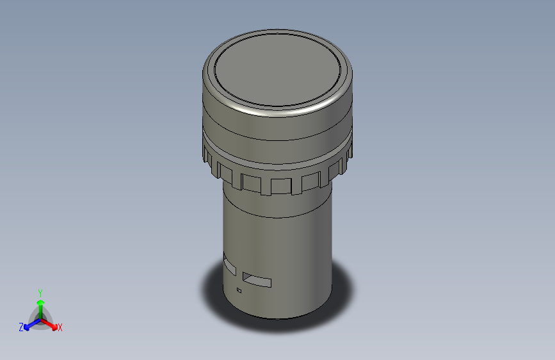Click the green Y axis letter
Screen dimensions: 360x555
pyautogui.click(x=40, y=291)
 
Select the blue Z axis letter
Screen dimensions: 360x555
pyautogui.click(x=21, y=327)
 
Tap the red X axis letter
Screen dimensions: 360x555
pyautogui.click(x=60, y=328)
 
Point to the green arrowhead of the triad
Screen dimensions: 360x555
pyautogui.click(x=40, y=301)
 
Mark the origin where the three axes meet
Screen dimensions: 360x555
pyautogui.click(x=40, y=318)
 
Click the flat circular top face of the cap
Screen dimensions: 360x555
pyautogui.click(x=277, y=67)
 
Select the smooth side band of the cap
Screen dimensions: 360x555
pyautogui.click(x=277, y=128)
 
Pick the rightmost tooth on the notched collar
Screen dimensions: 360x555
pyautogui.click(x=348, y=152)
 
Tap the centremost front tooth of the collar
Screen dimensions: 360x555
pyautogui.click(x=281, y=186)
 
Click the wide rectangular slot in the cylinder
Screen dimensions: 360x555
pyautogui.click(x=257, y=280)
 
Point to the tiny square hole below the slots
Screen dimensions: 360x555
pyautogui.click(x=239, y=291)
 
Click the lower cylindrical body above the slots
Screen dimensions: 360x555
pyautogui.click(x=277, y=237)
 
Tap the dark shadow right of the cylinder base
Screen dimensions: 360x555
pyautogui.click(x=342, y=295)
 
